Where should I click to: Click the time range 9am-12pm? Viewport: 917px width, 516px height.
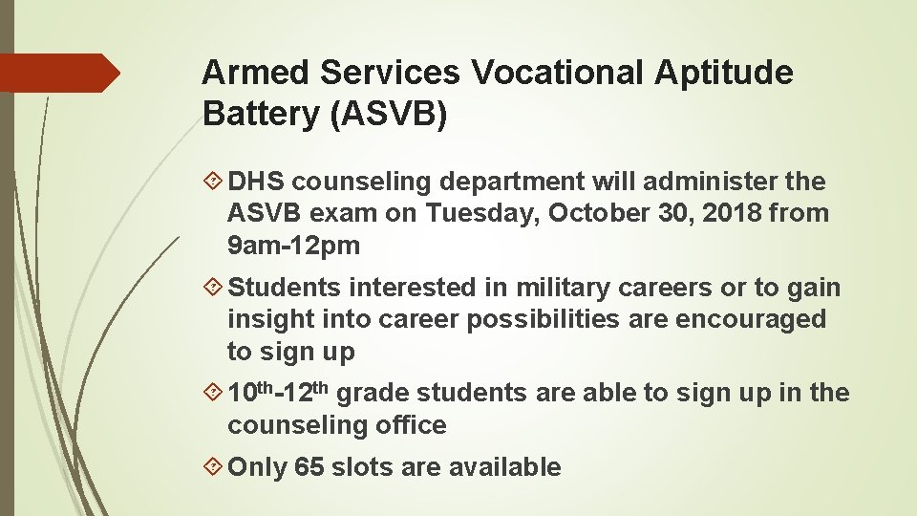293,246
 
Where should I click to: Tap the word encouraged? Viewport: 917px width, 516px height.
751,319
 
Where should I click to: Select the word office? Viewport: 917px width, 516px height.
411,425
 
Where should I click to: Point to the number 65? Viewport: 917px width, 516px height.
309,467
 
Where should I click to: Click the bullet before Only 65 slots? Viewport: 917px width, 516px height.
213,467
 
